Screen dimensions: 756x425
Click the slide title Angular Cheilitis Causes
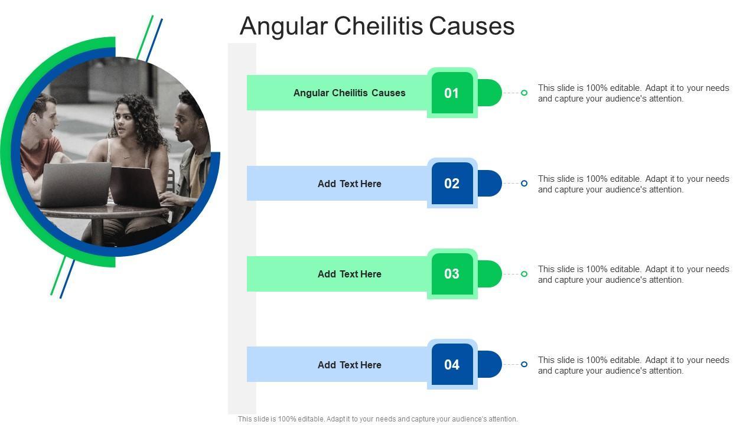coord(377,27)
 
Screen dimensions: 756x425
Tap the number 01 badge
coord(452,93)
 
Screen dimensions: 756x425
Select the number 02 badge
coord(452,184)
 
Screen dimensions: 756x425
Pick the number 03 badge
coord(452,274)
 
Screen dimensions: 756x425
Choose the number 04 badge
coord(452,365)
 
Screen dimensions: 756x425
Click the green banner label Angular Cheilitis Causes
coord(349,93)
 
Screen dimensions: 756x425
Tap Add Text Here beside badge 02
coord(349,184)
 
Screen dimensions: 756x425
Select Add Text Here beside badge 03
coord(349,274)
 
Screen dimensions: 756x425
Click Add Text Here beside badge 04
coord(349,365)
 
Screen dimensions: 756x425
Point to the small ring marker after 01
coord(524,93)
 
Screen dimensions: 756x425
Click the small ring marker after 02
coord(524,184)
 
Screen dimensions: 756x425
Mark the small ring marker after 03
coord(524,274)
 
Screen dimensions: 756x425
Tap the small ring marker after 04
coord(524,364)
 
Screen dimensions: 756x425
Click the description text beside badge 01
coord(633,93)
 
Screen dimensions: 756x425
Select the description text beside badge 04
coord(633,365)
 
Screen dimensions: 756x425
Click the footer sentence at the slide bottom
coord(377,419)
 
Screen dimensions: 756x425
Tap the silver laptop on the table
coord(75,183)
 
